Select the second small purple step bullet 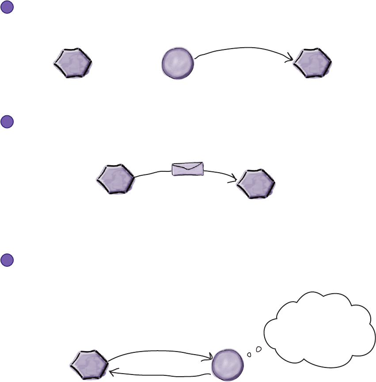coord(7,122)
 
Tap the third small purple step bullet coord(7,260)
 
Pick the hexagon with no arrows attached coord(73,64)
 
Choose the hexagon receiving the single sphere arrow coord(313,64)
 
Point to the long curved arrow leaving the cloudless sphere coord(243,48)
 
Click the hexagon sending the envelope coord(115,178)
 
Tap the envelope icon coord(188,169)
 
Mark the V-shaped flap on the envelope coord(188,166)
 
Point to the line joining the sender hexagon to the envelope coord(152,172)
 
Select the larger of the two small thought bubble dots coord(258,349)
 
